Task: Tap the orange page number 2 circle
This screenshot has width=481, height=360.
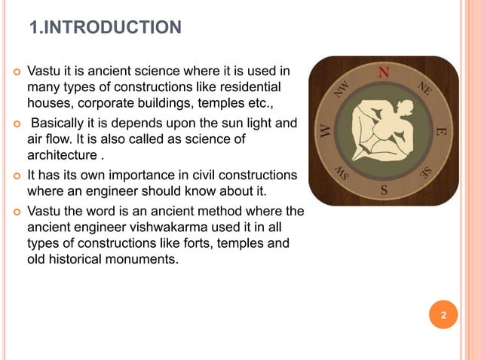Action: (x=444, y=314)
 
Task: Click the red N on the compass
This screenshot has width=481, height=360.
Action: (x=384, y=73)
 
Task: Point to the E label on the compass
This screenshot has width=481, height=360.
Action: (x=440, y=131)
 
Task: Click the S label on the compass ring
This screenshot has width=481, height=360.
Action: (x=384, y=190)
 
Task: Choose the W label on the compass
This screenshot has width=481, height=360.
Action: (x=326, y=132)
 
